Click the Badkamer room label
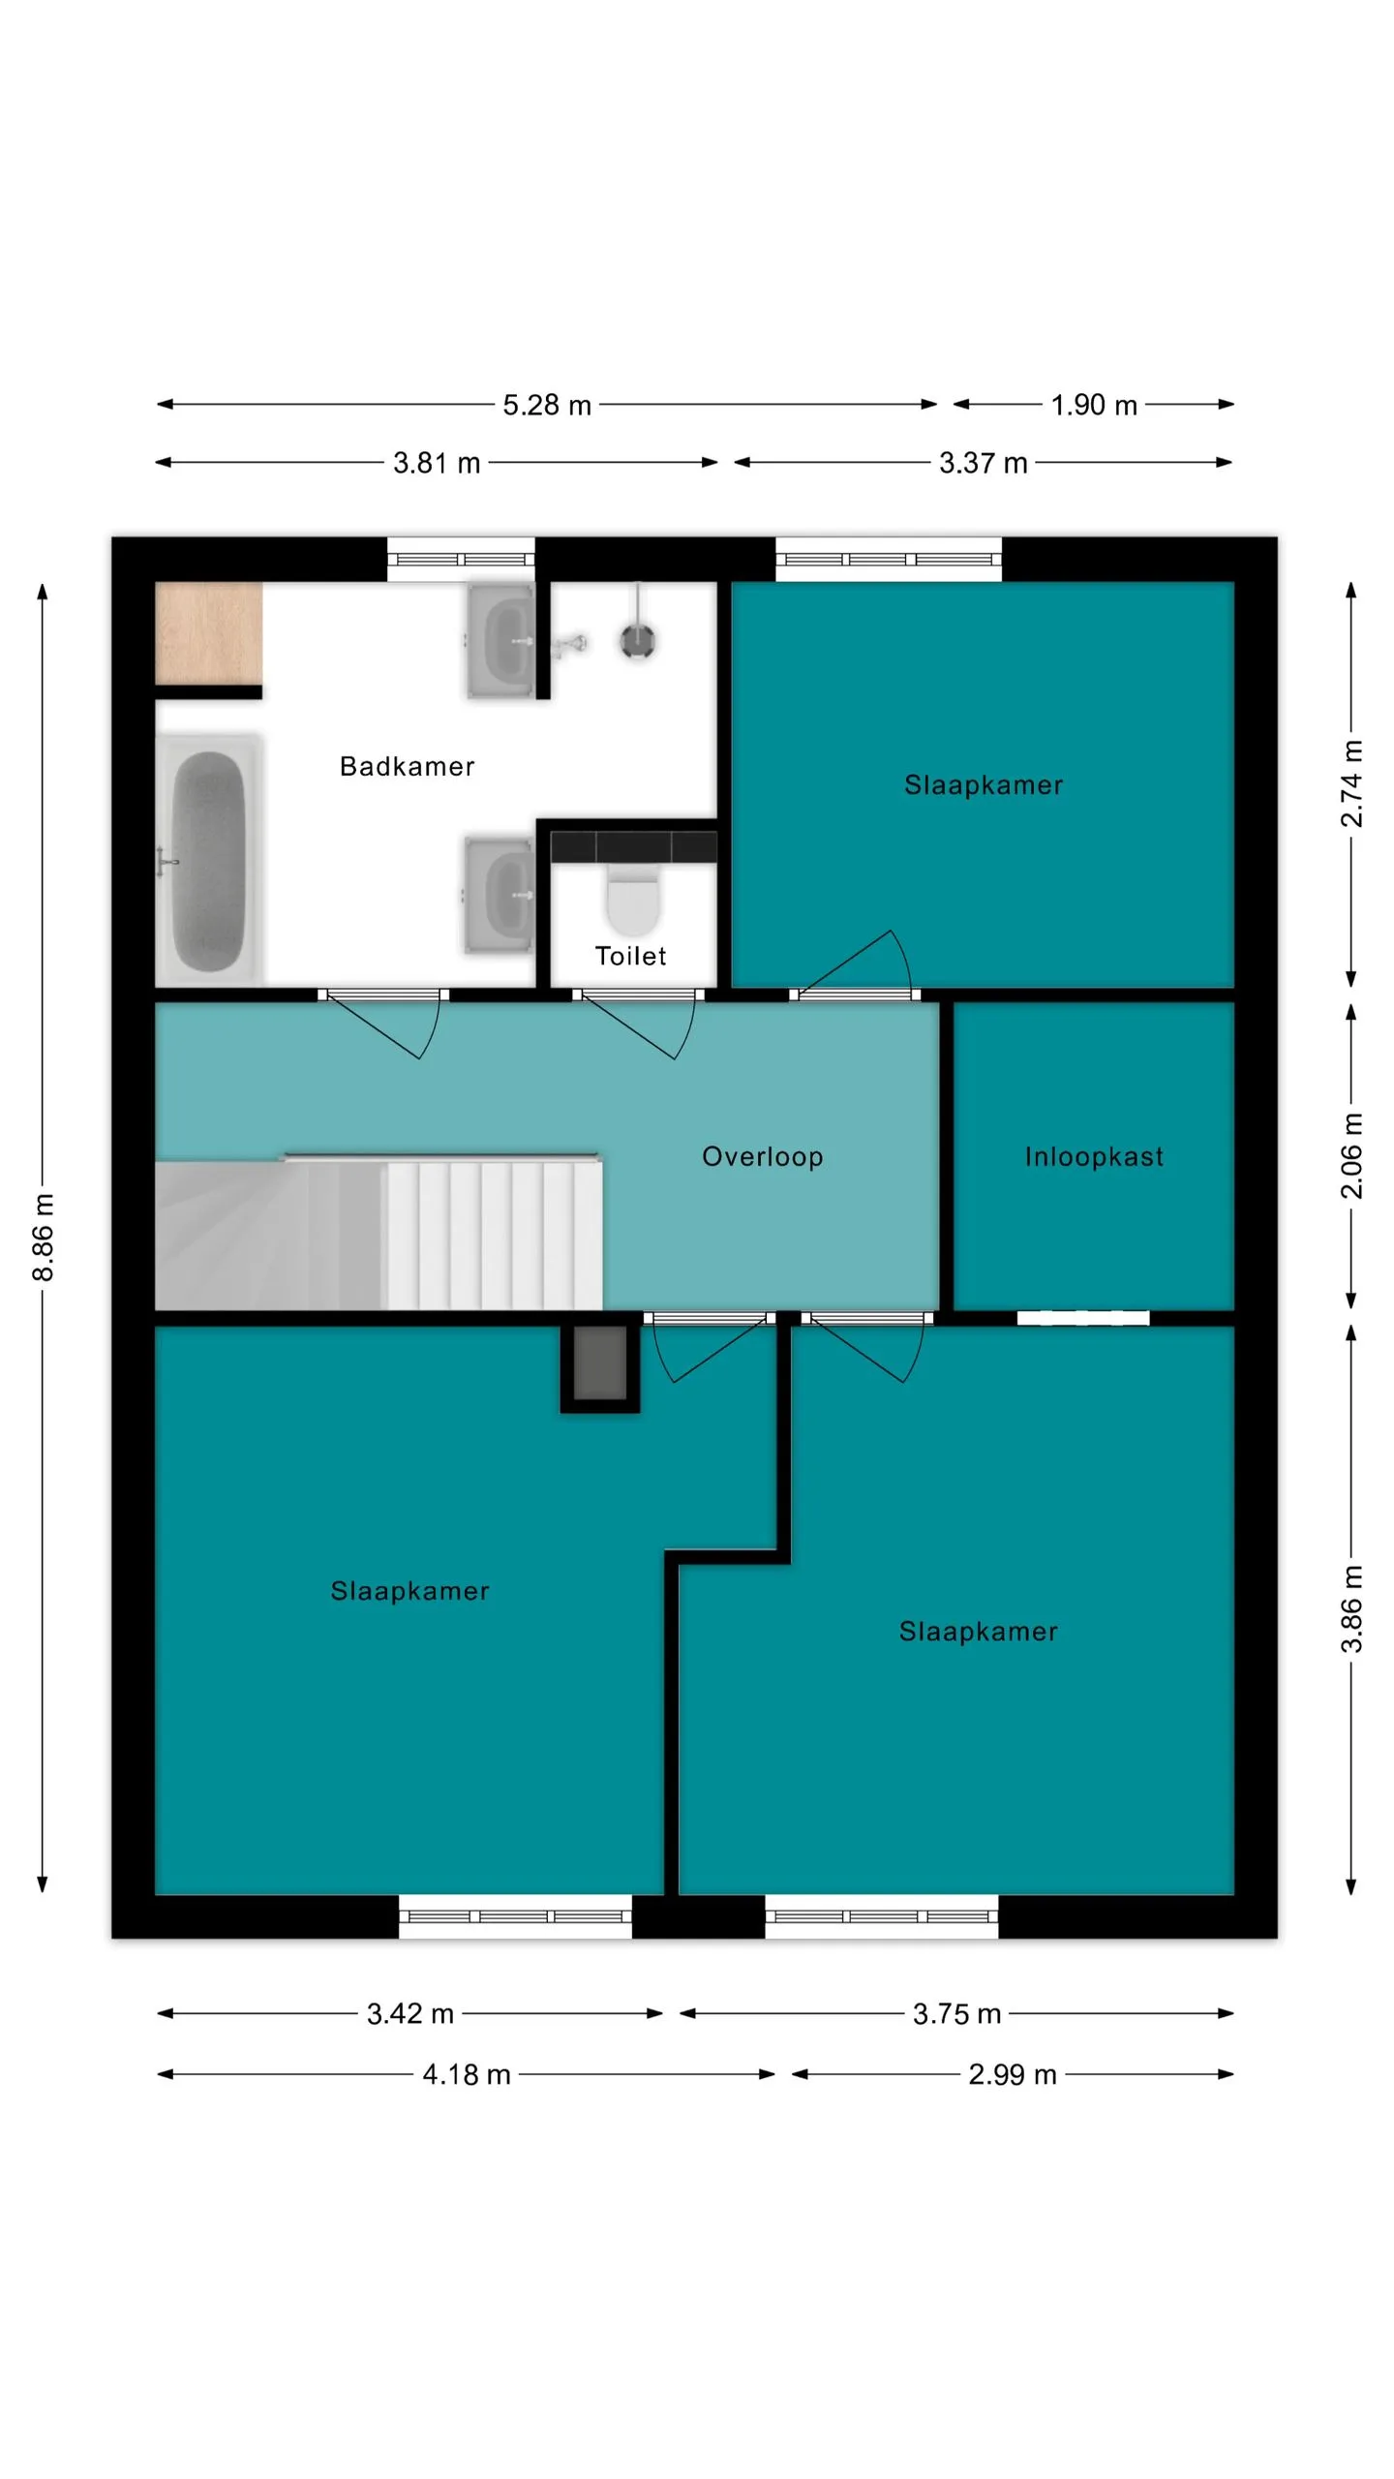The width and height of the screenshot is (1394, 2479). click(407, 766)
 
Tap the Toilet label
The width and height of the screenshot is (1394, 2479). click(630, 956)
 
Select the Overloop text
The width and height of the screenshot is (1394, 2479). click(762, 1156)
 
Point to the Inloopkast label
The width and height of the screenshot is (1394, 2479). click(1094, 1156)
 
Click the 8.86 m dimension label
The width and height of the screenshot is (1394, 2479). click(43, 1238)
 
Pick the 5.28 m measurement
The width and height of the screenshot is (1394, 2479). click(547, 405)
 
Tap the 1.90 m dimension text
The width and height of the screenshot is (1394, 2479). click(1094, 405)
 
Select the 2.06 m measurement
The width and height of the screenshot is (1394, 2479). click(1351, 1156)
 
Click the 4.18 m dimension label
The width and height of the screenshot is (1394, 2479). click(467, 2074)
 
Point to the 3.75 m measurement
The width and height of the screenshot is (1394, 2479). click(956, 2014)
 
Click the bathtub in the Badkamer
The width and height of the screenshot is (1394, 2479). click(209, 860)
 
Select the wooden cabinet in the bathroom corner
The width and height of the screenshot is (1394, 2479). click(209, 632)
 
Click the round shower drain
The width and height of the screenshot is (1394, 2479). click(638, 640)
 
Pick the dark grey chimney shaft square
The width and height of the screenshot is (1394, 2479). click(600, 1363)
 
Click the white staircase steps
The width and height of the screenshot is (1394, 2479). click(494, 1236)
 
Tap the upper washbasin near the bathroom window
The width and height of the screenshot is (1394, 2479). click(500, 640)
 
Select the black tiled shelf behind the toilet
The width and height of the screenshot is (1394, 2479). click(634, 846)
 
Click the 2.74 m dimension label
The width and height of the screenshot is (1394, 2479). click(1351, 784)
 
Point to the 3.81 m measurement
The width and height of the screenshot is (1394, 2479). click(437, 463)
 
